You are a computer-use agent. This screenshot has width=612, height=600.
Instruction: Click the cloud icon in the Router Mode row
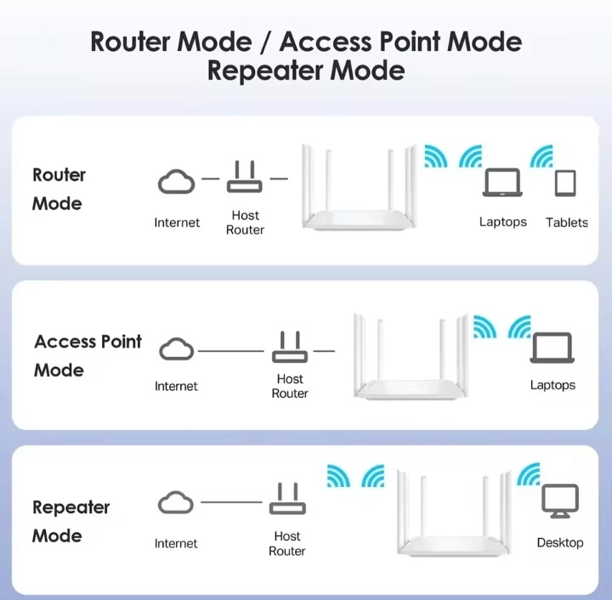click(177, 181)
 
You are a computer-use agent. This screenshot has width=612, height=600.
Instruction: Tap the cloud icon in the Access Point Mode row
click(177, 349)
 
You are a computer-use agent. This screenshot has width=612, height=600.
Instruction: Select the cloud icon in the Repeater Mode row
click(176, 503)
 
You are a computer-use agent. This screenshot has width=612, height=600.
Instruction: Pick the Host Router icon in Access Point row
click(290, 347)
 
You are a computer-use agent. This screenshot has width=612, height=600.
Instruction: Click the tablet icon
click(565, 184)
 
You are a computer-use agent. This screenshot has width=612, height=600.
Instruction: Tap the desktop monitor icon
click(560, 501)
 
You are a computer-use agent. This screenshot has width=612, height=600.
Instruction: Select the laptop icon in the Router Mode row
click(502, 184)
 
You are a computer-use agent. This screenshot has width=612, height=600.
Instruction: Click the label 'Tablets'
click(567, 223)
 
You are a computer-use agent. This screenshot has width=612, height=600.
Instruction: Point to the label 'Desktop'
click(560, 542)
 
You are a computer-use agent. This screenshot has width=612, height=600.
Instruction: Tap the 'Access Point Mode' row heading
click(88, 355)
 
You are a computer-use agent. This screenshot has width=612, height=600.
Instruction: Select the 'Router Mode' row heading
click(59, 189)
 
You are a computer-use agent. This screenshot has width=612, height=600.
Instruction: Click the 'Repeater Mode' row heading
click(71, 521)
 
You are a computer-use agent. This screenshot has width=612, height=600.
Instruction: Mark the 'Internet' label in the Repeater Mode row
click(176, 543)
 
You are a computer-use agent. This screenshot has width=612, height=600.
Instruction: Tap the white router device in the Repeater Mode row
click(456, 514)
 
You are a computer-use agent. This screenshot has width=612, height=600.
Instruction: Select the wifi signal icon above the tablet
click(541, 156)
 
